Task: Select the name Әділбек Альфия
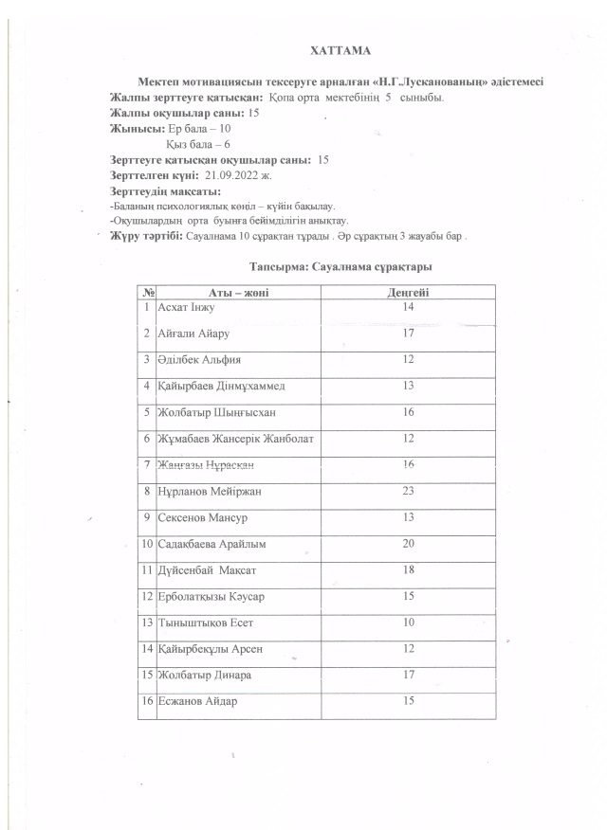[x=199, y=361]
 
